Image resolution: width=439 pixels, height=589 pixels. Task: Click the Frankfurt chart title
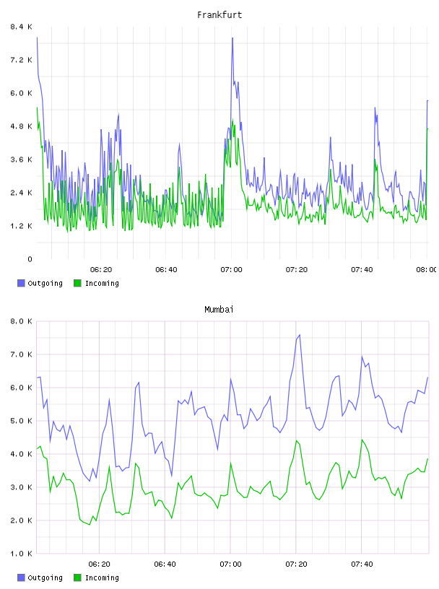tap(219, 15)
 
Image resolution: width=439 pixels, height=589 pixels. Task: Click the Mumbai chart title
tap(219, 310)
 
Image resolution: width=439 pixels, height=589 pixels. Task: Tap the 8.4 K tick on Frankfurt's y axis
tap(22, 27)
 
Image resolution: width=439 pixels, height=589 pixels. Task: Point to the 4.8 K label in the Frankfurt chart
tap(22, 126)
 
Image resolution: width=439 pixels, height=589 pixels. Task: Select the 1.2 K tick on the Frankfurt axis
tap(22, 226)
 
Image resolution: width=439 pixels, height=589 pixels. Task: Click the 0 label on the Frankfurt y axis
tap(30, 259)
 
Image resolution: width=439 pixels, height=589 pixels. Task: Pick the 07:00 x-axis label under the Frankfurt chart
tap(231, 269)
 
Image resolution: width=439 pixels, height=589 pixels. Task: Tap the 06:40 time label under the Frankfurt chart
tap(166, 269)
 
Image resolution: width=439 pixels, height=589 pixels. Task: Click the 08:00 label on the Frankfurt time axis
tap(427, 269)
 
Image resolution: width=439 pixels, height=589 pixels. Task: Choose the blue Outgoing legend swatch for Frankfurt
tap(21, 283)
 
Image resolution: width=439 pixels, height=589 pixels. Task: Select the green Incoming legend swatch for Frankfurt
tap(77, 283)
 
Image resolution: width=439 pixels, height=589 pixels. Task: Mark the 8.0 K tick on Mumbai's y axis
tap(22, 321)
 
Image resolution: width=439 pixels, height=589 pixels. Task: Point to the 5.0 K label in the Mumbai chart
tap(22, 421)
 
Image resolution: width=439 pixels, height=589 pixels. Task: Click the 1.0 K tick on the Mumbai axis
tap(22, 554)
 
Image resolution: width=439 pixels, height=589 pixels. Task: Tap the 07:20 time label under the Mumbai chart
tap(296, 564)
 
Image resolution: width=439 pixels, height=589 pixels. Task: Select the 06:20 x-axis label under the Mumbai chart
tap(99, 564)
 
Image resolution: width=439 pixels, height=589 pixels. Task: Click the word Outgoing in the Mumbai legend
tap(45, 577)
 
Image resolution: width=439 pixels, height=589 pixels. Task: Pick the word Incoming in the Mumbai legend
tap(102, 577)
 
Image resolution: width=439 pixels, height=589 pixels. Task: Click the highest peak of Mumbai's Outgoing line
tap(299, 335)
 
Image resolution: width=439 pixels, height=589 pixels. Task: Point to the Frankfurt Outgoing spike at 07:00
tap(232, 38)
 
